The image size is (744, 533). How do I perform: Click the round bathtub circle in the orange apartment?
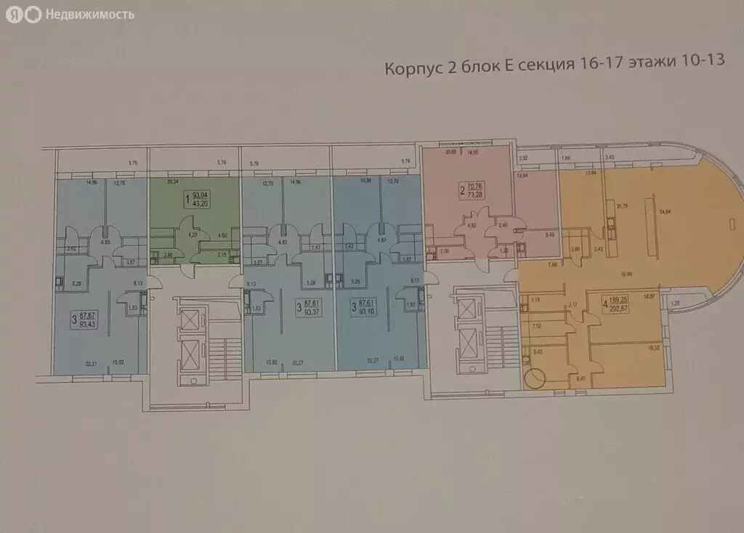(535, 378)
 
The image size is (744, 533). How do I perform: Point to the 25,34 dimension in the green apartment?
(173, 184)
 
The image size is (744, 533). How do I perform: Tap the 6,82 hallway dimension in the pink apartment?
(471, 226)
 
